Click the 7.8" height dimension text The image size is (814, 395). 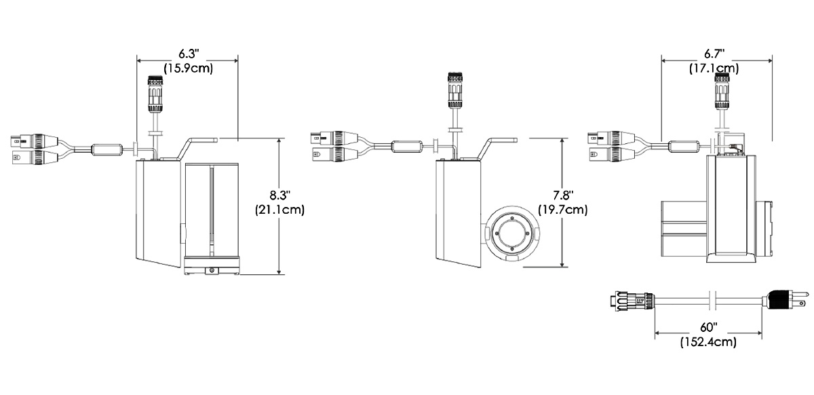[562, 195]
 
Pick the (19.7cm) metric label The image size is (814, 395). [562, 210]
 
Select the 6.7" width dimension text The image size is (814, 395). [714, 54]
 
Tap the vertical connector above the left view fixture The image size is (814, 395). [155, 95]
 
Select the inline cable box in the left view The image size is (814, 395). [106, 149]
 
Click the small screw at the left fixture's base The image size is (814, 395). [213, 270]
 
